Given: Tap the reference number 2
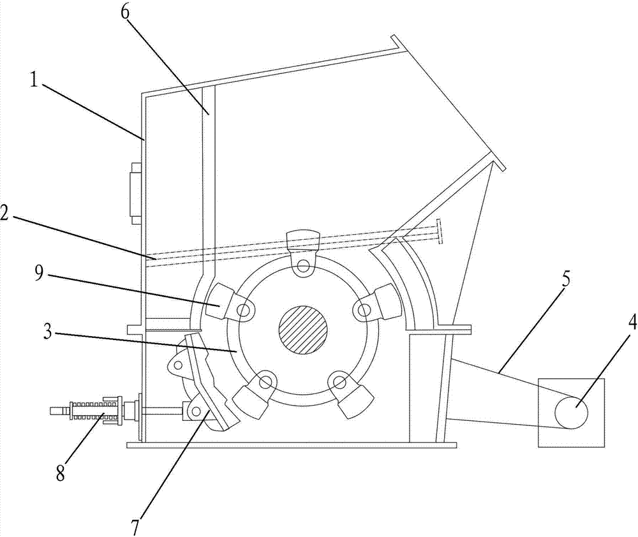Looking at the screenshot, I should coord(8,216).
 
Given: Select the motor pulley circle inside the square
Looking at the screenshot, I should coord(571,412).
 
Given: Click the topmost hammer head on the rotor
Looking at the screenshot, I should coord(302,242).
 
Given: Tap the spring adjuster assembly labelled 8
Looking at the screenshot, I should coord(96,411).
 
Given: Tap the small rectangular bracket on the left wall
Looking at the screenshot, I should coord(135,193).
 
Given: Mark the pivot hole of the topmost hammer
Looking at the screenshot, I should coord(303,265).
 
